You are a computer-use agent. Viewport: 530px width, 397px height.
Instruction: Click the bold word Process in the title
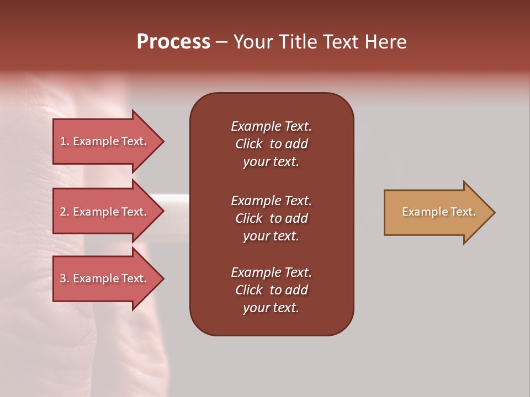[173, 42]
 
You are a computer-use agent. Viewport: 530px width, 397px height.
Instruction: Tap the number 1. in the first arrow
[65, 141]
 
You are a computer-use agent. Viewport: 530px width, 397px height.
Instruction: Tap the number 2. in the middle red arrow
[65, 212]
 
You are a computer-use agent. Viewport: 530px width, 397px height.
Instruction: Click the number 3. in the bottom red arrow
[65, 278]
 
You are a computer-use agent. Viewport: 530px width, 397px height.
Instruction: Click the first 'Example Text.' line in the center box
[271, 126]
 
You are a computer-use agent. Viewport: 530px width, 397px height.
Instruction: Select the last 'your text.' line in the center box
[271, 308]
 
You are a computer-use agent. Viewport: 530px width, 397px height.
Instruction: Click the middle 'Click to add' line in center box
[271, 218]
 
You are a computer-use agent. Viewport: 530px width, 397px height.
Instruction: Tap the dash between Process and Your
[221, 42]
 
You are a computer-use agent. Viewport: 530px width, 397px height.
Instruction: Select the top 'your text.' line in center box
[271, 162]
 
